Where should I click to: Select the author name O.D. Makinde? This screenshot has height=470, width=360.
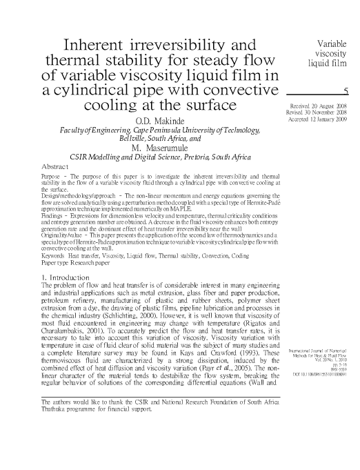pos(163,122)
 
